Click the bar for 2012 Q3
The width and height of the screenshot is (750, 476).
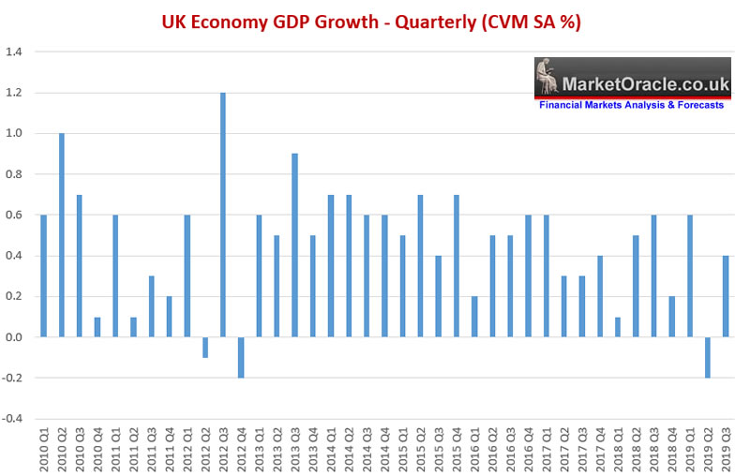tap(223, 215)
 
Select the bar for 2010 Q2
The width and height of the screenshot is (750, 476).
tap(62, 235)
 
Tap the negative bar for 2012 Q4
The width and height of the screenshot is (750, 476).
tap(241, 357)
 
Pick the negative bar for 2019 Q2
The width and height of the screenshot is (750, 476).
tap(708, 357)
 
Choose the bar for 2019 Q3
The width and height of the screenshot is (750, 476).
tap(726, 296)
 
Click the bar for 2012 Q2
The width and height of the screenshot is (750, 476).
tap(205, 347)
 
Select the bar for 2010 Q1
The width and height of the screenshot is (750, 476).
tap(43, 275)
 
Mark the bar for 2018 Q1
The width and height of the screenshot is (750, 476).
tap(618, 327)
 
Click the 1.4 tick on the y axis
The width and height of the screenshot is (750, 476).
tap(17, 52)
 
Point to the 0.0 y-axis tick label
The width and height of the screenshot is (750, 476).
tap(17, 337)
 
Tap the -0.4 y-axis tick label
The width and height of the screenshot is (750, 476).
tap(15, 419)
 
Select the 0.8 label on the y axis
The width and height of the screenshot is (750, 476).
tap(17, 174)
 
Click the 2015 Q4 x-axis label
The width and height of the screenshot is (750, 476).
tap(456, 453)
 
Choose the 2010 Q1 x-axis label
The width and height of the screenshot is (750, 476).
tap(43, 453)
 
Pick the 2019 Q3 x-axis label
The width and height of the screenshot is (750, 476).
tap(726, 453)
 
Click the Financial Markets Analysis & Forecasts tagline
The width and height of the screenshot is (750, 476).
tap(631, 105)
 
